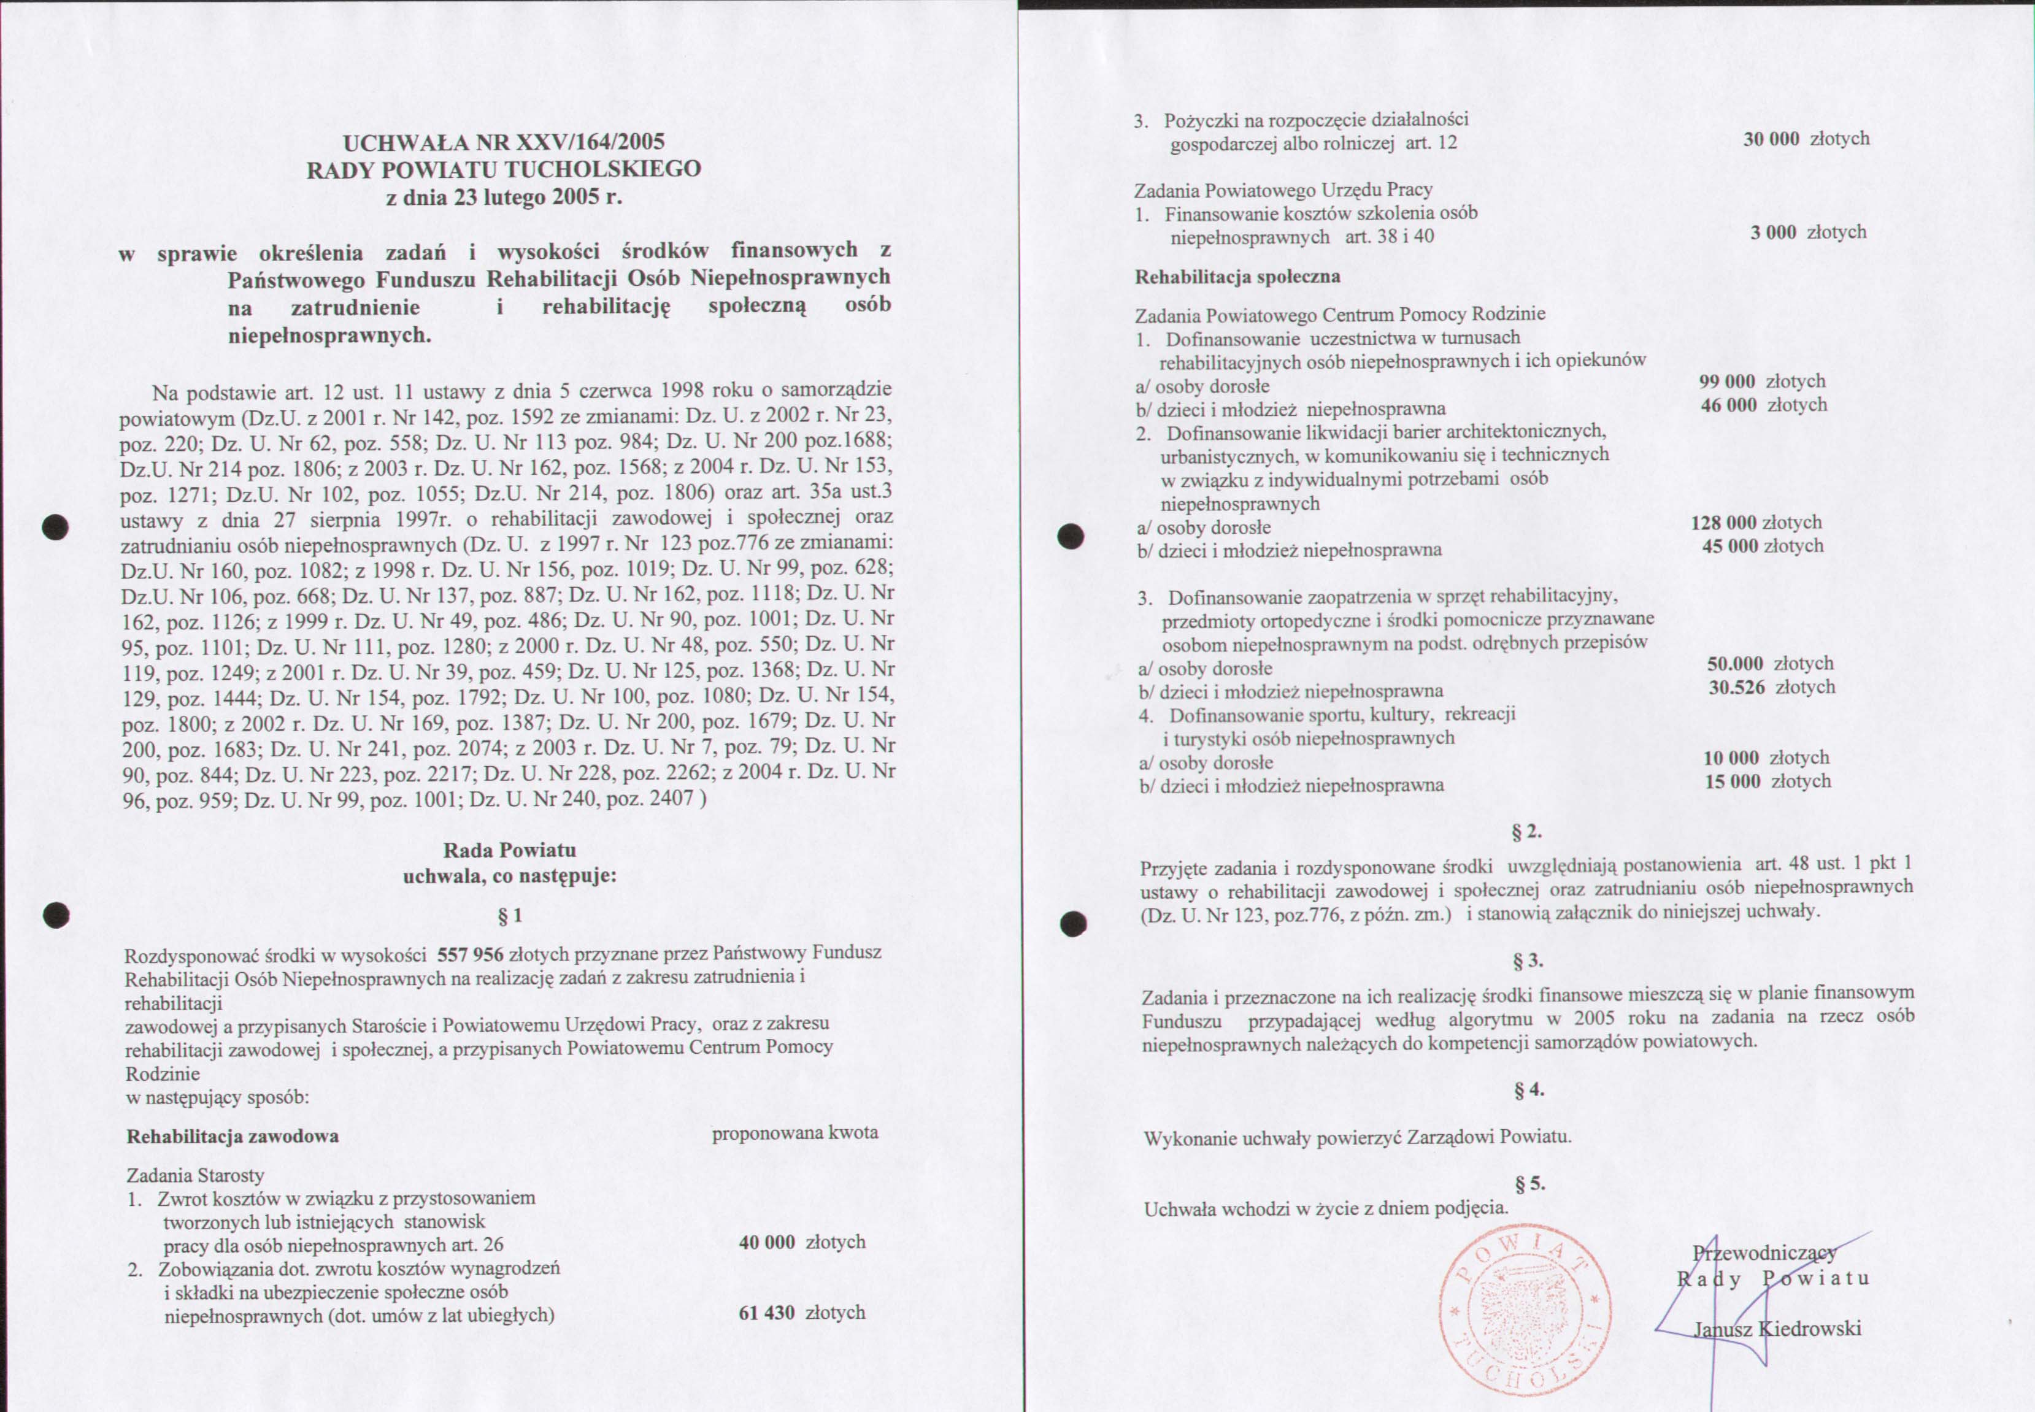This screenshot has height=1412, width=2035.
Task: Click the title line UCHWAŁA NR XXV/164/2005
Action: click(504, 142)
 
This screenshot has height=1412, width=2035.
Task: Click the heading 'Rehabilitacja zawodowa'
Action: click(233, 1137)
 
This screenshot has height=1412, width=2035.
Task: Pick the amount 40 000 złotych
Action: click(802, 1242)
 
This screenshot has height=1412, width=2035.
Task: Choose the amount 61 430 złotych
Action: click(802, 1313)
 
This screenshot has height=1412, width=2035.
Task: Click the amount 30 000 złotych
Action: click(1806, 139)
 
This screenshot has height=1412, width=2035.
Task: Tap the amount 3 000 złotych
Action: click(1807, 232)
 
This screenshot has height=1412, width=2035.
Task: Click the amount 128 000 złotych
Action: click(1755, 523)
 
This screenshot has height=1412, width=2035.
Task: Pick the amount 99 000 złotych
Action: click(1761, 382)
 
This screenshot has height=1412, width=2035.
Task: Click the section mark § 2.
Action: click(1526, 832)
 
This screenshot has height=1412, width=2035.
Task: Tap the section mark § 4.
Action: click(1528, 1090)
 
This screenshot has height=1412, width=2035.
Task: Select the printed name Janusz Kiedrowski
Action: click(1777, 1328)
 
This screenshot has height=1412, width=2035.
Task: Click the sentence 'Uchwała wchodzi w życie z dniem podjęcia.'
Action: click(1325, 1208)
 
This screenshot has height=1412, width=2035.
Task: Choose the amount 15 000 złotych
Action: click(1767, 781)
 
